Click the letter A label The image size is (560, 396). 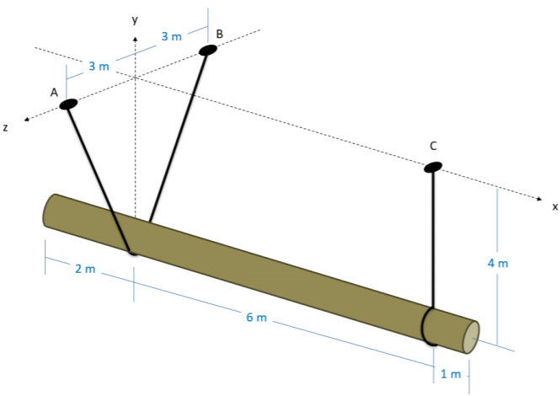coord(54,93)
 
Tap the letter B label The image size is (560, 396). coord(219,34)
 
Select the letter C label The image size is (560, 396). coord(433,146)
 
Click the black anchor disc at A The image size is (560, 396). coord(68,104)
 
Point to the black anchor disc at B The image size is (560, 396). coord(207,50)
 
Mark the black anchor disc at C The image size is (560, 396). coord(432,167)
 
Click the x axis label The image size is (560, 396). coord(555,206)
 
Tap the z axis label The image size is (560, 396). coord(6,128)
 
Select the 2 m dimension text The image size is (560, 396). coord(85,270)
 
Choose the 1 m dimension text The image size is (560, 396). coord(451,372)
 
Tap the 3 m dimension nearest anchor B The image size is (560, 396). coord(171,36)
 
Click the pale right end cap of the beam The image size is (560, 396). coord(472,335)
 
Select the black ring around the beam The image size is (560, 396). coord(425,326)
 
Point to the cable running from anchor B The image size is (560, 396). coord(179,135)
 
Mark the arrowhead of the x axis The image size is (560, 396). coord(541,198)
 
